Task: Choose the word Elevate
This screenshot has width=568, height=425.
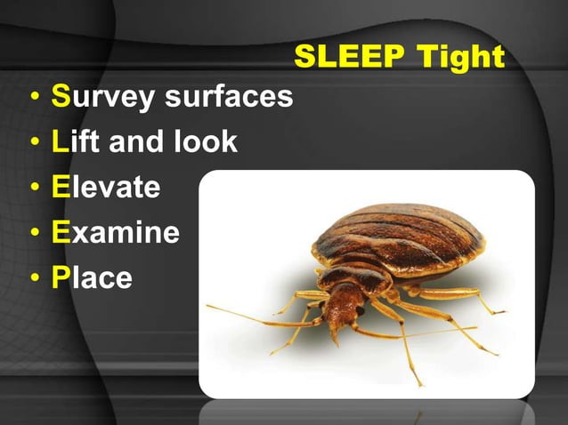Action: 106,188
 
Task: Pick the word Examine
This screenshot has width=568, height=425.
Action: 115,233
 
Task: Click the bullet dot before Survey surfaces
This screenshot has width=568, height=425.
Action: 33,97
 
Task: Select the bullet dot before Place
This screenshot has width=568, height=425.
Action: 33,278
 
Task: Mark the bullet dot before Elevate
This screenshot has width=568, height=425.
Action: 33,188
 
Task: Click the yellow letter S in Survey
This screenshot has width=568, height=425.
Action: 61,97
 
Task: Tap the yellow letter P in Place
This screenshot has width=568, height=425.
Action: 61,278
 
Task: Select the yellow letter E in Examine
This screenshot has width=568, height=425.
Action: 61,233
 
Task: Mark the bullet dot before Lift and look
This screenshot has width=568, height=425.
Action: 33,142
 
